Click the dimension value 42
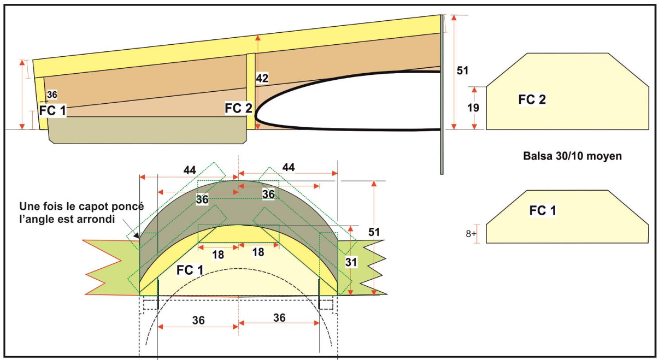click(x=262, y=79)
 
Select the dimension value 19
click(x=473, y=108)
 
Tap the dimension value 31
click(x=351, y=263)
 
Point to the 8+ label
click(x=471, y=233)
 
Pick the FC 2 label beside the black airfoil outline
click(x=238, y=108)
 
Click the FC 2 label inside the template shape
click(x=532, y=99)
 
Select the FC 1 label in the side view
click(x=53, y=111)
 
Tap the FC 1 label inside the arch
click(x=190, y=269)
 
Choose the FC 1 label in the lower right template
click(x=543, y=210)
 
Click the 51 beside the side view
click(x=463, y=70)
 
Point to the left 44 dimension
click(x=189, y=170)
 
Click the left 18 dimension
click(x=218, y=255)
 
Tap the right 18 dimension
click(x=258, y=252)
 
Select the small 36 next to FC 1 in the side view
click(x=52, y=95)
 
